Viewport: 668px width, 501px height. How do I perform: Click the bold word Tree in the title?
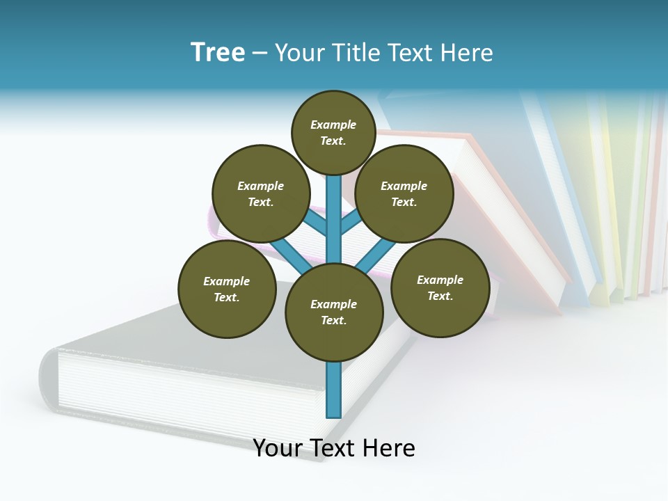[218, 52]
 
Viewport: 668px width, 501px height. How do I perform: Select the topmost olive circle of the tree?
[333, 133]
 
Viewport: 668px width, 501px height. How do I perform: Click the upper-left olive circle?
[260, 194]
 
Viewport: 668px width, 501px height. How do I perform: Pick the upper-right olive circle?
[404, 194]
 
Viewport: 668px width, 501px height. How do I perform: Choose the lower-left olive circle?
[226, 289]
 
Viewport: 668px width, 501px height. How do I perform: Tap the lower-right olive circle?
[440, 288]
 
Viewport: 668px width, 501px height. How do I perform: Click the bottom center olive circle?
[333, 312]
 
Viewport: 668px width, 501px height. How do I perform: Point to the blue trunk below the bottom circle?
[333, 390]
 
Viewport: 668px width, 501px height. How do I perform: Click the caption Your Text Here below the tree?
[333, 448]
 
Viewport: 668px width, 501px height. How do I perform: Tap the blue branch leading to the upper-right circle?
[351, 223]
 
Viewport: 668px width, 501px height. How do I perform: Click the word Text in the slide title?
[417, 52]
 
